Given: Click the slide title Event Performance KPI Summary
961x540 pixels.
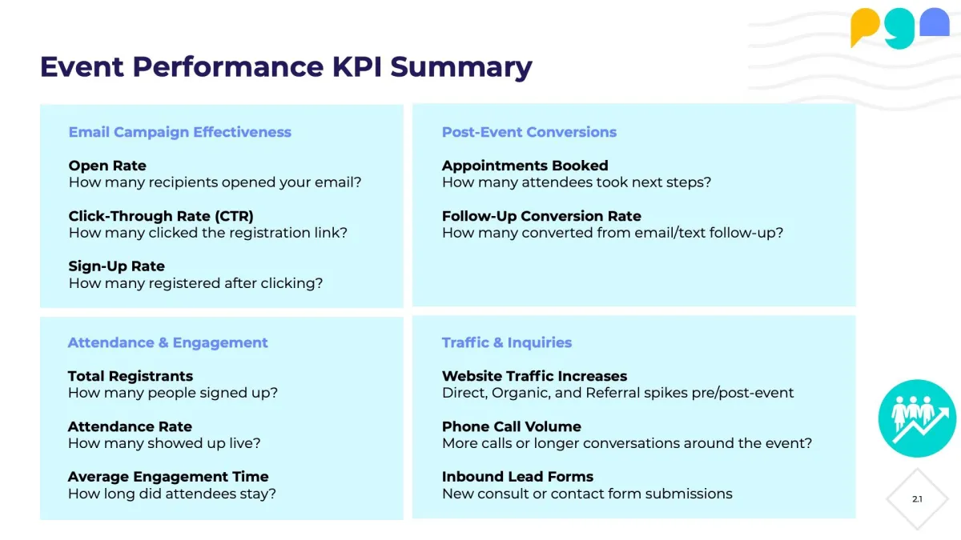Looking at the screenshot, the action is pos(286,67).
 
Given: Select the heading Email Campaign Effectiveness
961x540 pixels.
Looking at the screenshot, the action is pos(179,132).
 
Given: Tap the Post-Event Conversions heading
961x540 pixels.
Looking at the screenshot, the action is pos(529,132).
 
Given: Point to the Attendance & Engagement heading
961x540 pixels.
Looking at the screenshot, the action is pos(167,342).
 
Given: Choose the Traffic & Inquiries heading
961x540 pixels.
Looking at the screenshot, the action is pos(507,342).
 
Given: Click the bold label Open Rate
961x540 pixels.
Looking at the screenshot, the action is pos(107,166).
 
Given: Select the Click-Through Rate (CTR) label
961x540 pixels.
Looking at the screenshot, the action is pos(161,216).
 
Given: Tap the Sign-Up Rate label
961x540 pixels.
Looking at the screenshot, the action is pos(116,266).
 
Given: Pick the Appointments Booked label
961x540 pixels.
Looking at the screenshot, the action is pos(525,166).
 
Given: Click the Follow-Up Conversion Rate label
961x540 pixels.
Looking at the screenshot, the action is pos(541,216).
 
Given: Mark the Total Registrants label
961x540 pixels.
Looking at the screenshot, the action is pos(131,376).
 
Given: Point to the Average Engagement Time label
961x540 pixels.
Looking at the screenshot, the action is pos(168,477).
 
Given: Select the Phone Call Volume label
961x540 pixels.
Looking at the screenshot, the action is pos(512,426).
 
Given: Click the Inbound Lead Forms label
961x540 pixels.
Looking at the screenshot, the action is pos(517,477).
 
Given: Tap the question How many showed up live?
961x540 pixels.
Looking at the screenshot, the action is pos(164,443).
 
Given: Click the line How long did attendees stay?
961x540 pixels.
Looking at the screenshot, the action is pos(171,494).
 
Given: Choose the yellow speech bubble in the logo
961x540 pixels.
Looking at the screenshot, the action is pos(864,25).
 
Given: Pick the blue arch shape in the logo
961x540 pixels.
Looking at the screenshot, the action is pos(935,22).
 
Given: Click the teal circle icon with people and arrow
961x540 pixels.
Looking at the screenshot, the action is pos(917,418).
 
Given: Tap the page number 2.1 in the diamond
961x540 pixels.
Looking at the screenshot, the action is pos(917,499).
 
